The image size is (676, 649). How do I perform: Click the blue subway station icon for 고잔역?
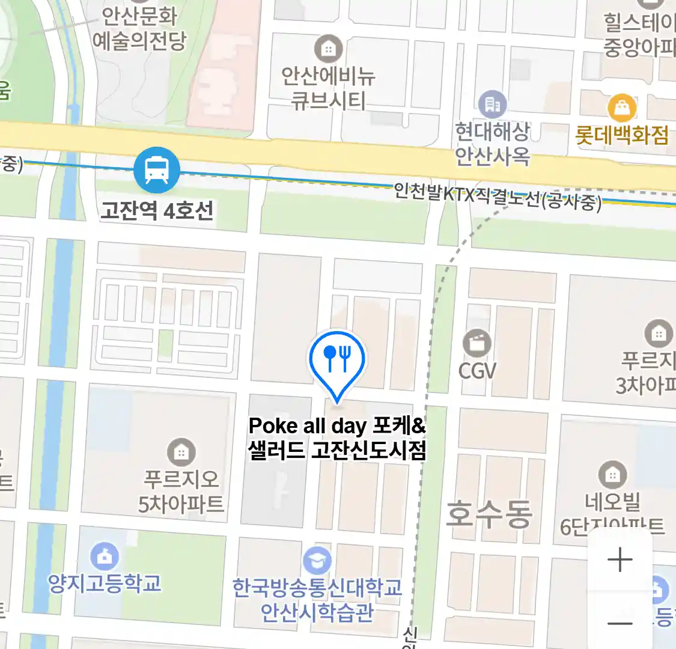click(x=156, y=169)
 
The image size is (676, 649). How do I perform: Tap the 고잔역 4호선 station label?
click(x=157, y=210)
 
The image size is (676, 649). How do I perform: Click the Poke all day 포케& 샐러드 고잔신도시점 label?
click(x=337, y=437)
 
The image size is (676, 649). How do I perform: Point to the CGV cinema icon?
click(x=477, y=344)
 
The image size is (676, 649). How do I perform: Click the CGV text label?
click(x=477, y=370)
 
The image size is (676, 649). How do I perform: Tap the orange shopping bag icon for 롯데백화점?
click(x=622, y=108)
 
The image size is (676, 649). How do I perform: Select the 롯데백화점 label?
click(x=622, y=135)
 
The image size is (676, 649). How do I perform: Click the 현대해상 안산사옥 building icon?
click(x=492, y=105)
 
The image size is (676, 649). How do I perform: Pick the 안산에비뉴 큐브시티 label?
click(x=328, y=88)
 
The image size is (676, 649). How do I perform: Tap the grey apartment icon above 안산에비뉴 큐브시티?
click(x=328, y=49)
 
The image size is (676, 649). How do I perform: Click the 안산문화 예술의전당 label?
click(x=139, y=29)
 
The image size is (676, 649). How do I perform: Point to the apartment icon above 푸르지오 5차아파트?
click(x=181, y=451)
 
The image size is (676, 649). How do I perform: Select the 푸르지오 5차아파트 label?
click(x=181, y=491)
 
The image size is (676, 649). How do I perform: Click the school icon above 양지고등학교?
click(x=105, y=556)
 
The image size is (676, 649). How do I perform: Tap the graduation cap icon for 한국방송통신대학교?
click(x=317, y=560)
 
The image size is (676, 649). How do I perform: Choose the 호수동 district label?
click(x=489, y=514)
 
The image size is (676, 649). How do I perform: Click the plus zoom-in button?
click(x=620, y=560)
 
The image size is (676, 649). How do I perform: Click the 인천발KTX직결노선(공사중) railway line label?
click(x=498, y=197)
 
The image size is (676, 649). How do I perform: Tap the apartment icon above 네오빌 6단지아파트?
click(x=612, y=475)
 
